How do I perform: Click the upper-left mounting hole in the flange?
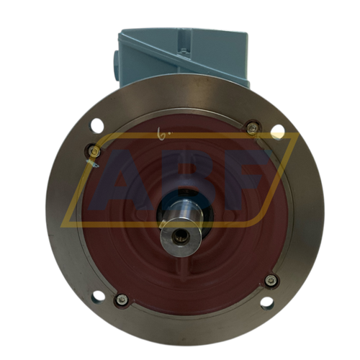[x=96, y=127]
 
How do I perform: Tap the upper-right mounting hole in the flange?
[x=276, y=130]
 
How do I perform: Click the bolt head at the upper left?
[x=94, y=150]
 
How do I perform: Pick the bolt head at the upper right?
[x=251, y=128]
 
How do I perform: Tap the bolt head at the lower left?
[x=122, y=299]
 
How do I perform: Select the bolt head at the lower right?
[x=271, y=281]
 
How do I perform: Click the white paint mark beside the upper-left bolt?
[x=91, y=166]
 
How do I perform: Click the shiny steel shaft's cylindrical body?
[x=175, y=216]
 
